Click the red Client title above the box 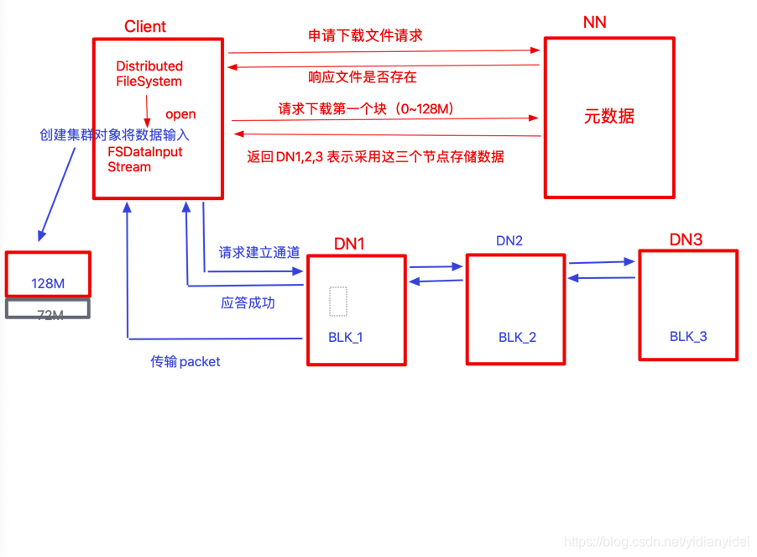(145, 26)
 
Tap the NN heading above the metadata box (594, 23)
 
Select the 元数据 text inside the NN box (608, 117)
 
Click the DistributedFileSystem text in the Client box (149, 74)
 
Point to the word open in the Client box (180, 114)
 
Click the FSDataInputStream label (144, 160)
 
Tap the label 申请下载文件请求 (365, 36)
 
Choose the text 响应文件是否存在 (363, 77)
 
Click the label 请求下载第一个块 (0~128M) (366, 109)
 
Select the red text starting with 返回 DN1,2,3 (375, 156)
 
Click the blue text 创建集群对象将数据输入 (115, 134)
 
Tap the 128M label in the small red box (48, 284)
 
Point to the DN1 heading (349, 244)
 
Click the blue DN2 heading (509, 241)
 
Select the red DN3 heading (686, 240)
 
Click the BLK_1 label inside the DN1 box (346, 338)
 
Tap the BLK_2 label (517, 338)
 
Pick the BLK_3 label (688, 337)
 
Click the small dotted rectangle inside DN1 (338, 302)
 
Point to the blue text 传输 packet (185, 362)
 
